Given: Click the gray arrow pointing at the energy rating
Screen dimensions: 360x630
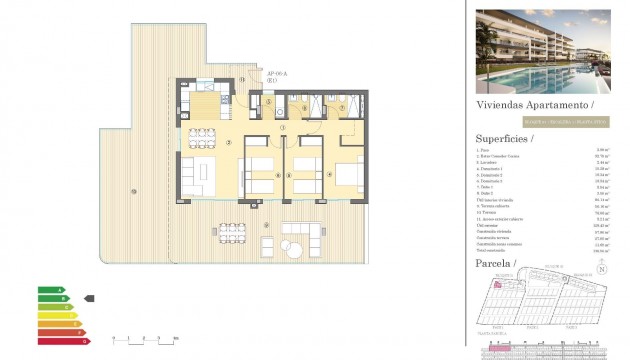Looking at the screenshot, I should pyautogui.click(x=90, y=298).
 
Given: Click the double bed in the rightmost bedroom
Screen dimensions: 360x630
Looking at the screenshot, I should pyautogui.click(x=349, y=176).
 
